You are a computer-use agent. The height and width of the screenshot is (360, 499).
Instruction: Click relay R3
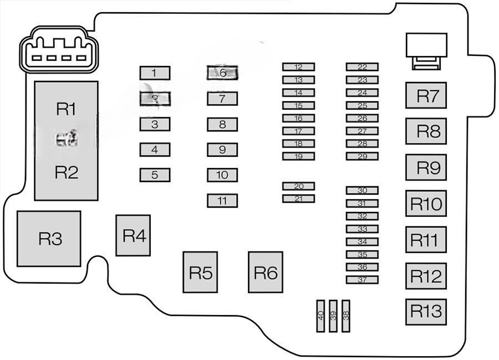[49, 239]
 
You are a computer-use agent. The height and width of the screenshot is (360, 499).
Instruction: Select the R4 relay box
[133, 236]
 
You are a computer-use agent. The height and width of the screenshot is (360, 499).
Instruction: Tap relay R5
[200, 272]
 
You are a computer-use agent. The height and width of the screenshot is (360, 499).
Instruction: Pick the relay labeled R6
[265, 272]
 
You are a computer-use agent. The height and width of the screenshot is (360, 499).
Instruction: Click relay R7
[426, 96]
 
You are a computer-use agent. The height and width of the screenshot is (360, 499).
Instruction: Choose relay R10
[426, 204]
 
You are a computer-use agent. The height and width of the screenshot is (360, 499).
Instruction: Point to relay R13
[426, 311]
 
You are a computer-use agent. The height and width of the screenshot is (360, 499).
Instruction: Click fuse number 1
[155, 73]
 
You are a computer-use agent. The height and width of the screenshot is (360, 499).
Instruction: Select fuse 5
[155, 175]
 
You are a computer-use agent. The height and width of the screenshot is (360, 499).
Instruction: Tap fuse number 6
[222, 73]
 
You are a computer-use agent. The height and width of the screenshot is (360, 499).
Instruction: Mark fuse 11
[222, 200]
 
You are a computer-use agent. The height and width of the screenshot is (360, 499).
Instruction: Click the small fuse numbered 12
[298, 67]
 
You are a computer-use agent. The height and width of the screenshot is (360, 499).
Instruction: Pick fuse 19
[298, 156]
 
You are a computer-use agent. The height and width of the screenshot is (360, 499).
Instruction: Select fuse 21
[298, 199]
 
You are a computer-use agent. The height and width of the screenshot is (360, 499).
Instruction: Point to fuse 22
[362, 67]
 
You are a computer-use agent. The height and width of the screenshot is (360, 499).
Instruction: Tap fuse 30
[362, 190]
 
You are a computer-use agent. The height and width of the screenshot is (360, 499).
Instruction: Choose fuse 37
[362, 280]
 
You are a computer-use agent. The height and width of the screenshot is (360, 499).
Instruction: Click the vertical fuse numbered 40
[320, 316]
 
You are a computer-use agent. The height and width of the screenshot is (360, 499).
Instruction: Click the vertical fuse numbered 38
[346, 316]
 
